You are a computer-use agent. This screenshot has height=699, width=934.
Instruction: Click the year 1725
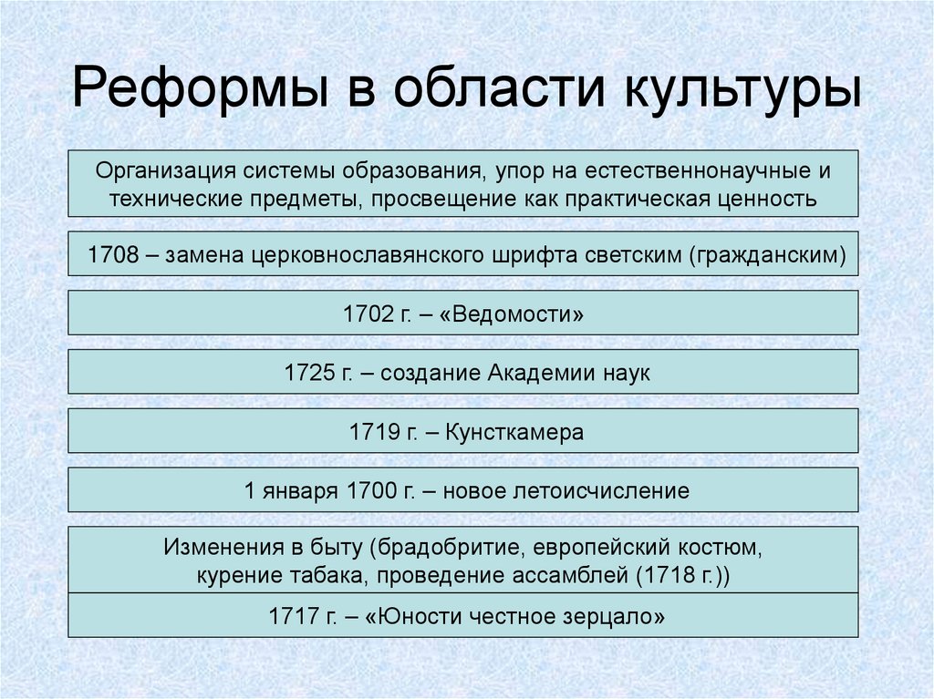309,374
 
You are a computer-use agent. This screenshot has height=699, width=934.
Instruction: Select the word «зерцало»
615,616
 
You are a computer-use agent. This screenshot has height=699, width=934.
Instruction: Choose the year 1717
293,616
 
